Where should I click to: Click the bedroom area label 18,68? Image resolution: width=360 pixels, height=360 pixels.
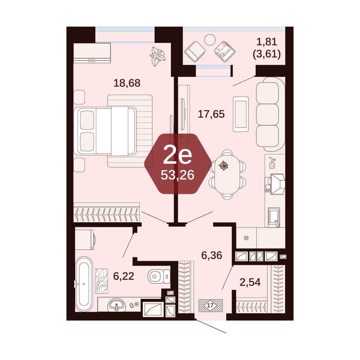click(x=127, y=83)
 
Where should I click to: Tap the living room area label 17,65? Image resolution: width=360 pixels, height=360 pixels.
click(x=211, y=114)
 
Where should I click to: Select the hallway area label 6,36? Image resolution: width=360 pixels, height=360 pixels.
click(x=212, y=255)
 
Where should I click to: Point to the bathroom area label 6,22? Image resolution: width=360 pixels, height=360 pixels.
click(x=123, y=276)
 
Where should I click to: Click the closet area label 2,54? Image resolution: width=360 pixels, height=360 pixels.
click(x=250, y=282)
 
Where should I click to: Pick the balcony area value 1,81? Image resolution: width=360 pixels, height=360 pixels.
click(x=267, y=42)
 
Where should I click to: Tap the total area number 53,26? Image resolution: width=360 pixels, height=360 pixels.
click(x=177, y=175)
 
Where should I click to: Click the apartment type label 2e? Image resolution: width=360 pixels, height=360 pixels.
click(x=177, y=156)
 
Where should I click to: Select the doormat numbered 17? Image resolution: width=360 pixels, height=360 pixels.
click(x=211, y=305)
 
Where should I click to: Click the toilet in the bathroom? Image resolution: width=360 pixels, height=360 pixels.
click(x=159, y=276)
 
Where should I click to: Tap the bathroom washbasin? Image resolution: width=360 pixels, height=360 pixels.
click(x=117, y=305)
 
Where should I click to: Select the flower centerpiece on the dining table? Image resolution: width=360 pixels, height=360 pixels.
click(x=223, y=165)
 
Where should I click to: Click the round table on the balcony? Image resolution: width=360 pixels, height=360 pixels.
click(x=210, y=40)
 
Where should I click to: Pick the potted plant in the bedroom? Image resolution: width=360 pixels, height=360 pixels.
click(x=158, y=56)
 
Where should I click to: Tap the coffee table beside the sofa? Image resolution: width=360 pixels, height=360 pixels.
click(x=241, y=114)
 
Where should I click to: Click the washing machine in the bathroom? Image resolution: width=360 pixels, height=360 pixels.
click(x=85, y=240)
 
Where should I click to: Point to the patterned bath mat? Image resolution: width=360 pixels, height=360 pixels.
click(x=102, y=281)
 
